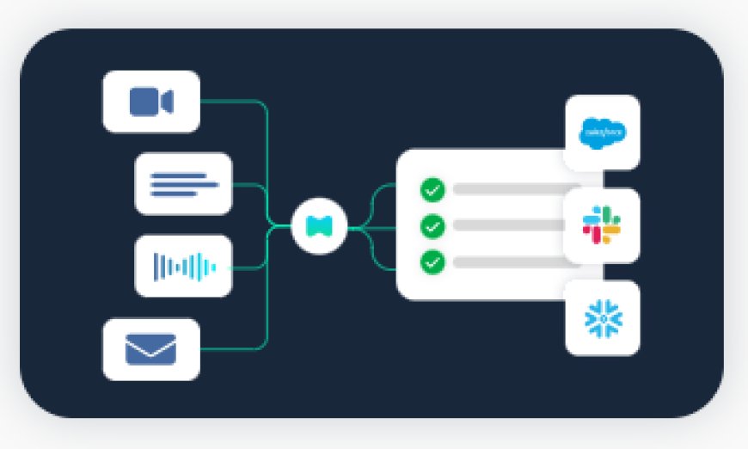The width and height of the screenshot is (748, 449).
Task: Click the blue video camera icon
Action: click(x=150, y=101)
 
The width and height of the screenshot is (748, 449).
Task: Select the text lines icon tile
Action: click(x=183, y=183)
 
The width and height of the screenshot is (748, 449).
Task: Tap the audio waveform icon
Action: click(x=183, y=266)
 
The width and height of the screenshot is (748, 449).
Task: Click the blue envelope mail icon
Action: click(x=150, y=349)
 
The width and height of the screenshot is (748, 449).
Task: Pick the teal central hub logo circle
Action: click(x=318, y=226)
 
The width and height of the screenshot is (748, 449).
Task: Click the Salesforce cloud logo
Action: click(x=602, y=132)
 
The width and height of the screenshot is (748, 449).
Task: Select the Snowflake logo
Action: click(x=602, y=318)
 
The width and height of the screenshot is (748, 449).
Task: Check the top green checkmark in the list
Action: click(x=432, y=189)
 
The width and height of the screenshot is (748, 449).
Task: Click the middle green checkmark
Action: click(x=432, y=226)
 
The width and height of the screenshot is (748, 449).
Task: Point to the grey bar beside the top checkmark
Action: click(x=507, y=189)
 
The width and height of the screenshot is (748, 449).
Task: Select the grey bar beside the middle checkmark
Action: click(x=507, y=225)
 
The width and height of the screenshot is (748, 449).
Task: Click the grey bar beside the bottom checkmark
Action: click(x=507, y=262)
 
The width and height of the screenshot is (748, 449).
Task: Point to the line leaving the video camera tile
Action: click(x=232, y=101)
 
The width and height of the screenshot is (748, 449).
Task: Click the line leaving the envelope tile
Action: click(x=232, y=349)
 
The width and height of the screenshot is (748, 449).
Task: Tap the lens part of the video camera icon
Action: click(x=167, y=101)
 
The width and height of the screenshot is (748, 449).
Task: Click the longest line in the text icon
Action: click(x=184, y=183)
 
